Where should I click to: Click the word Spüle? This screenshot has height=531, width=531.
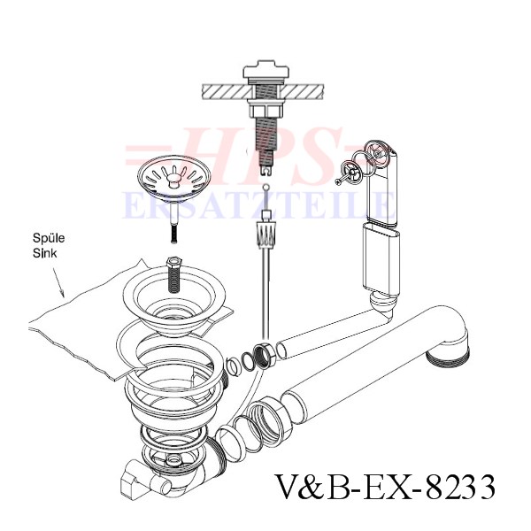49,238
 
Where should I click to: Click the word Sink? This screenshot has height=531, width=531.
45,253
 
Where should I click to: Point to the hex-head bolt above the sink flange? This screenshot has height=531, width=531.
173,275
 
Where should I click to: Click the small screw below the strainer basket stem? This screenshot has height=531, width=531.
173,234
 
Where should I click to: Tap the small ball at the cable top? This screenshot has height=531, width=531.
266,186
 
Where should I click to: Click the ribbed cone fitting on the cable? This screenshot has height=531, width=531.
267,234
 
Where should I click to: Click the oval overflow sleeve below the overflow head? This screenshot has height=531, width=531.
381,258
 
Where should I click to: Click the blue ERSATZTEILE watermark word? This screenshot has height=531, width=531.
258,204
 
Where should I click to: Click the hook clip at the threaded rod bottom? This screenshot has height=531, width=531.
266,170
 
